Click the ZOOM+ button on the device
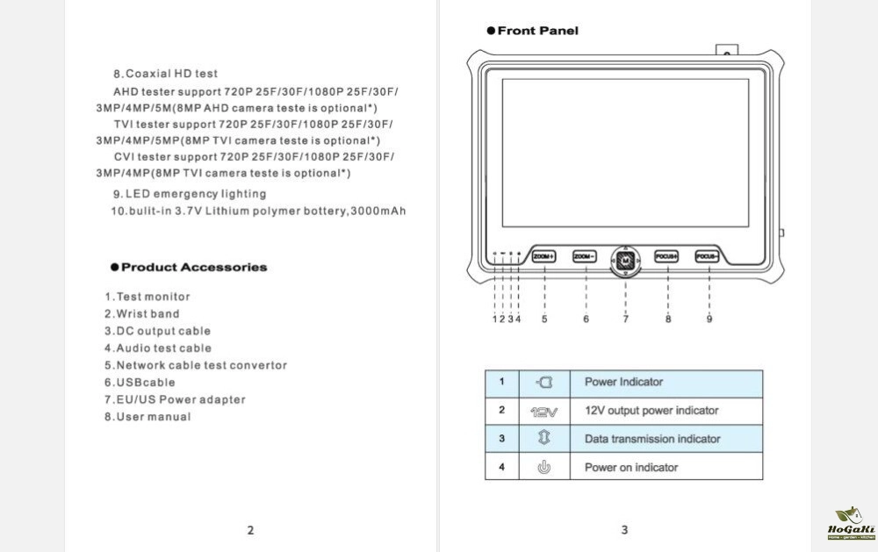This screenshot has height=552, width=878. coord(545,256)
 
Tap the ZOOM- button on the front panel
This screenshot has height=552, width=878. coord(586,256)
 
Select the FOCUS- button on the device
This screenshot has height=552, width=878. coord(708,256)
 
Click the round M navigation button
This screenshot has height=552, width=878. coord(625,261)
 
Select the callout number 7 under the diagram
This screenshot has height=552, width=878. coord(626,319)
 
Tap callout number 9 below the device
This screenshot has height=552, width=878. coord(709,319)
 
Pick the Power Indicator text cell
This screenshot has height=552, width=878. coord(623,382)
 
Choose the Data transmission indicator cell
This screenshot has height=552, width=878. coord(651,439)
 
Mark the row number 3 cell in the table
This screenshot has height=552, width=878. coord(502,439)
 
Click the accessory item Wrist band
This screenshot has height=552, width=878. coord(142,313)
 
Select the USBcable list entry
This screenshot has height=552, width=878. coord(140,383)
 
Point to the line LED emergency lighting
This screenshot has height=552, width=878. coord(189,194)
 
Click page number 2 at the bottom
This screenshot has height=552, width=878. coord(250,530)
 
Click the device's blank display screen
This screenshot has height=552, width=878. coord(624,157)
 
